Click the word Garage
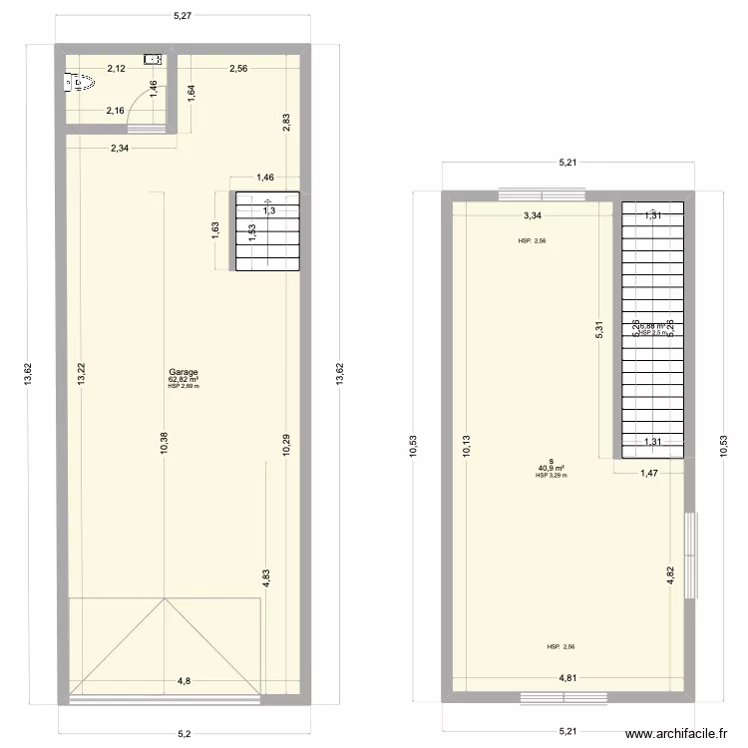[184, 372]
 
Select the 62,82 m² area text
[184, 380]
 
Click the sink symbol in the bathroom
[152, 59]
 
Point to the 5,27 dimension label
[182, 15]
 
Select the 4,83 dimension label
[266, 580]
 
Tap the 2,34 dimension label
[120, 148]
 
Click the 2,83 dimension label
[286, 123]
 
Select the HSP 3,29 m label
[552, 476]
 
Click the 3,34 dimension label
[533, 214]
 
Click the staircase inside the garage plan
[268, 230]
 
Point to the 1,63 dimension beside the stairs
[216, 230]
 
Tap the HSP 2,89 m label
[184, 387]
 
